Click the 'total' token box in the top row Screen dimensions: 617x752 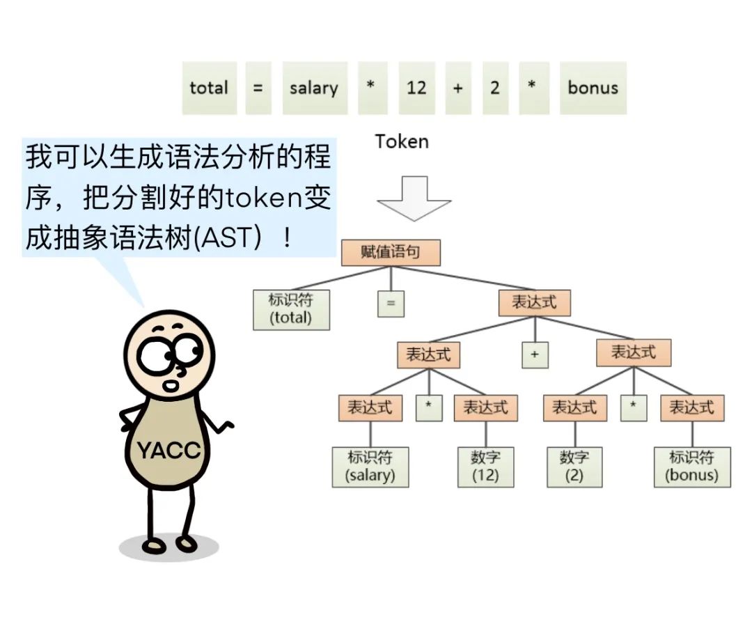tap(209, 88)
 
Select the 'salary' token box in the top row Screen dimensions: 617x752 tap(315, 88)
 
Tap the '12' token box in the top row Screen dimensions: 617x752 tap(416, 88)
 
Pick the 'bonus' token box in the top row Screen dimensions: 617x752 tap(593, 88)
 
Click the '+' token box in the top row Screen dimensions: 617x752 tap(457, 88)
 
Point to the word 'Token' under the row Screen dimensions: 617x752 tap(402, 141)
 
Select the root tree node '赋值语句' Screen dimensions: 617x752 tap(391, 252)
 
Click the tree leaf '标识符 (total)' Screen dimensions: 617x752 tap(291, 309)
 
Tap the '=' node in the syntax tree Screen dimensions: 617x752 tap(391, 304)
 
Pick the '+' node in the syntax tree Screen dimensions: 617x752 tap(535, 354)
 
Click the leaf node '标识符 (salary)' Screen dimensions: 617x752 tap(370, 467)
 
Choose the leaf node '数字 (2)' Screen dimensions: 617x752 tap(574, 467)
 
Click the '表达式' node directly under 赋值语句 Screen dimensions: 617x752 tap(534, 303)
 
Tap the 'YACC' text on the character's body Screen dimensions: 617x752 tap(169, 450)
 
